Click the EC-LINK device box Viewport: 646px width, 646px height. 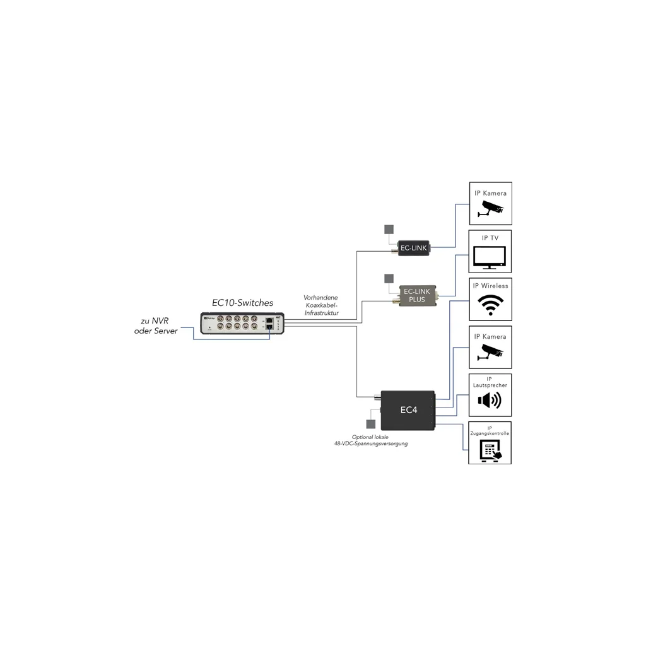pyautogui.click(x=414, y=248)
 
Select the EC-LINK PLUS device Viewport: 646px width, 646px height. pyautogui.click(x=418, y=295)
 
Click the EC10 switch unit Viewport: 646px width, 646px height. pyautogui.click(x=242, y=324)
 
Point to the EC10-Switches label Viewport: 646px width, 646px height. pyautogui.click(x=242, y=303)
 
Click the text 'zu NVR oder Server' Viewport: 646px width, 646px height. pyautogui.click(x=156, y=326)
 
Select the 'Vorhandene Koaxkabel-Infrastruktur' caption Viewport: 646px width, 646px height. pyautogui.click(x=322, y=305)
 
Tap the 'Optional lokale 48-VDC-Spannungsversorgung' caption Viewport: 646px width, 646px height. pyautogui.click(x=371, y=440)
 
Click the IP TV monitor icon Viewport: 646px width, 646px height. pyautogui.click(x=490, y=257)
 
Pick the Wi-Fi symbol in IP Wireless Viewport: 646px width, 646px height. pyautogui.click(x=490, y=305)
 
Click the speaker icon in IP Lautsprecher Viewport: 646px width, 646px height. pyautogui.click(x=490, y=400)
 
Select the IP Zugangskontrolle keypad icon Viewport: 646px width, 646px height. pyautogui.click(x=490, y=450)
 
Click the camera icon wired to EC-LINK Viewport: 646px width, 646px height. pyautogui.click(x=491, y=208)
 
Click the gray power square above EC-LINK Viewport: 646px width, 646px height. pyautogui.click(x=389, y=230)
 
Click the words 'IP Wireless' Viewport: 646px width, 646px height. pyautogui.click(x=490, y=286)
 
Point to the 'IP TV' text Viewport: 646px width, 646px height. pyautogui.click(x=490, y=238)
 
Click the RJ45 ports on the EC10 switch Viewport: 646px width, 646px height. pyautogui.click(x=269, y=324)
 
